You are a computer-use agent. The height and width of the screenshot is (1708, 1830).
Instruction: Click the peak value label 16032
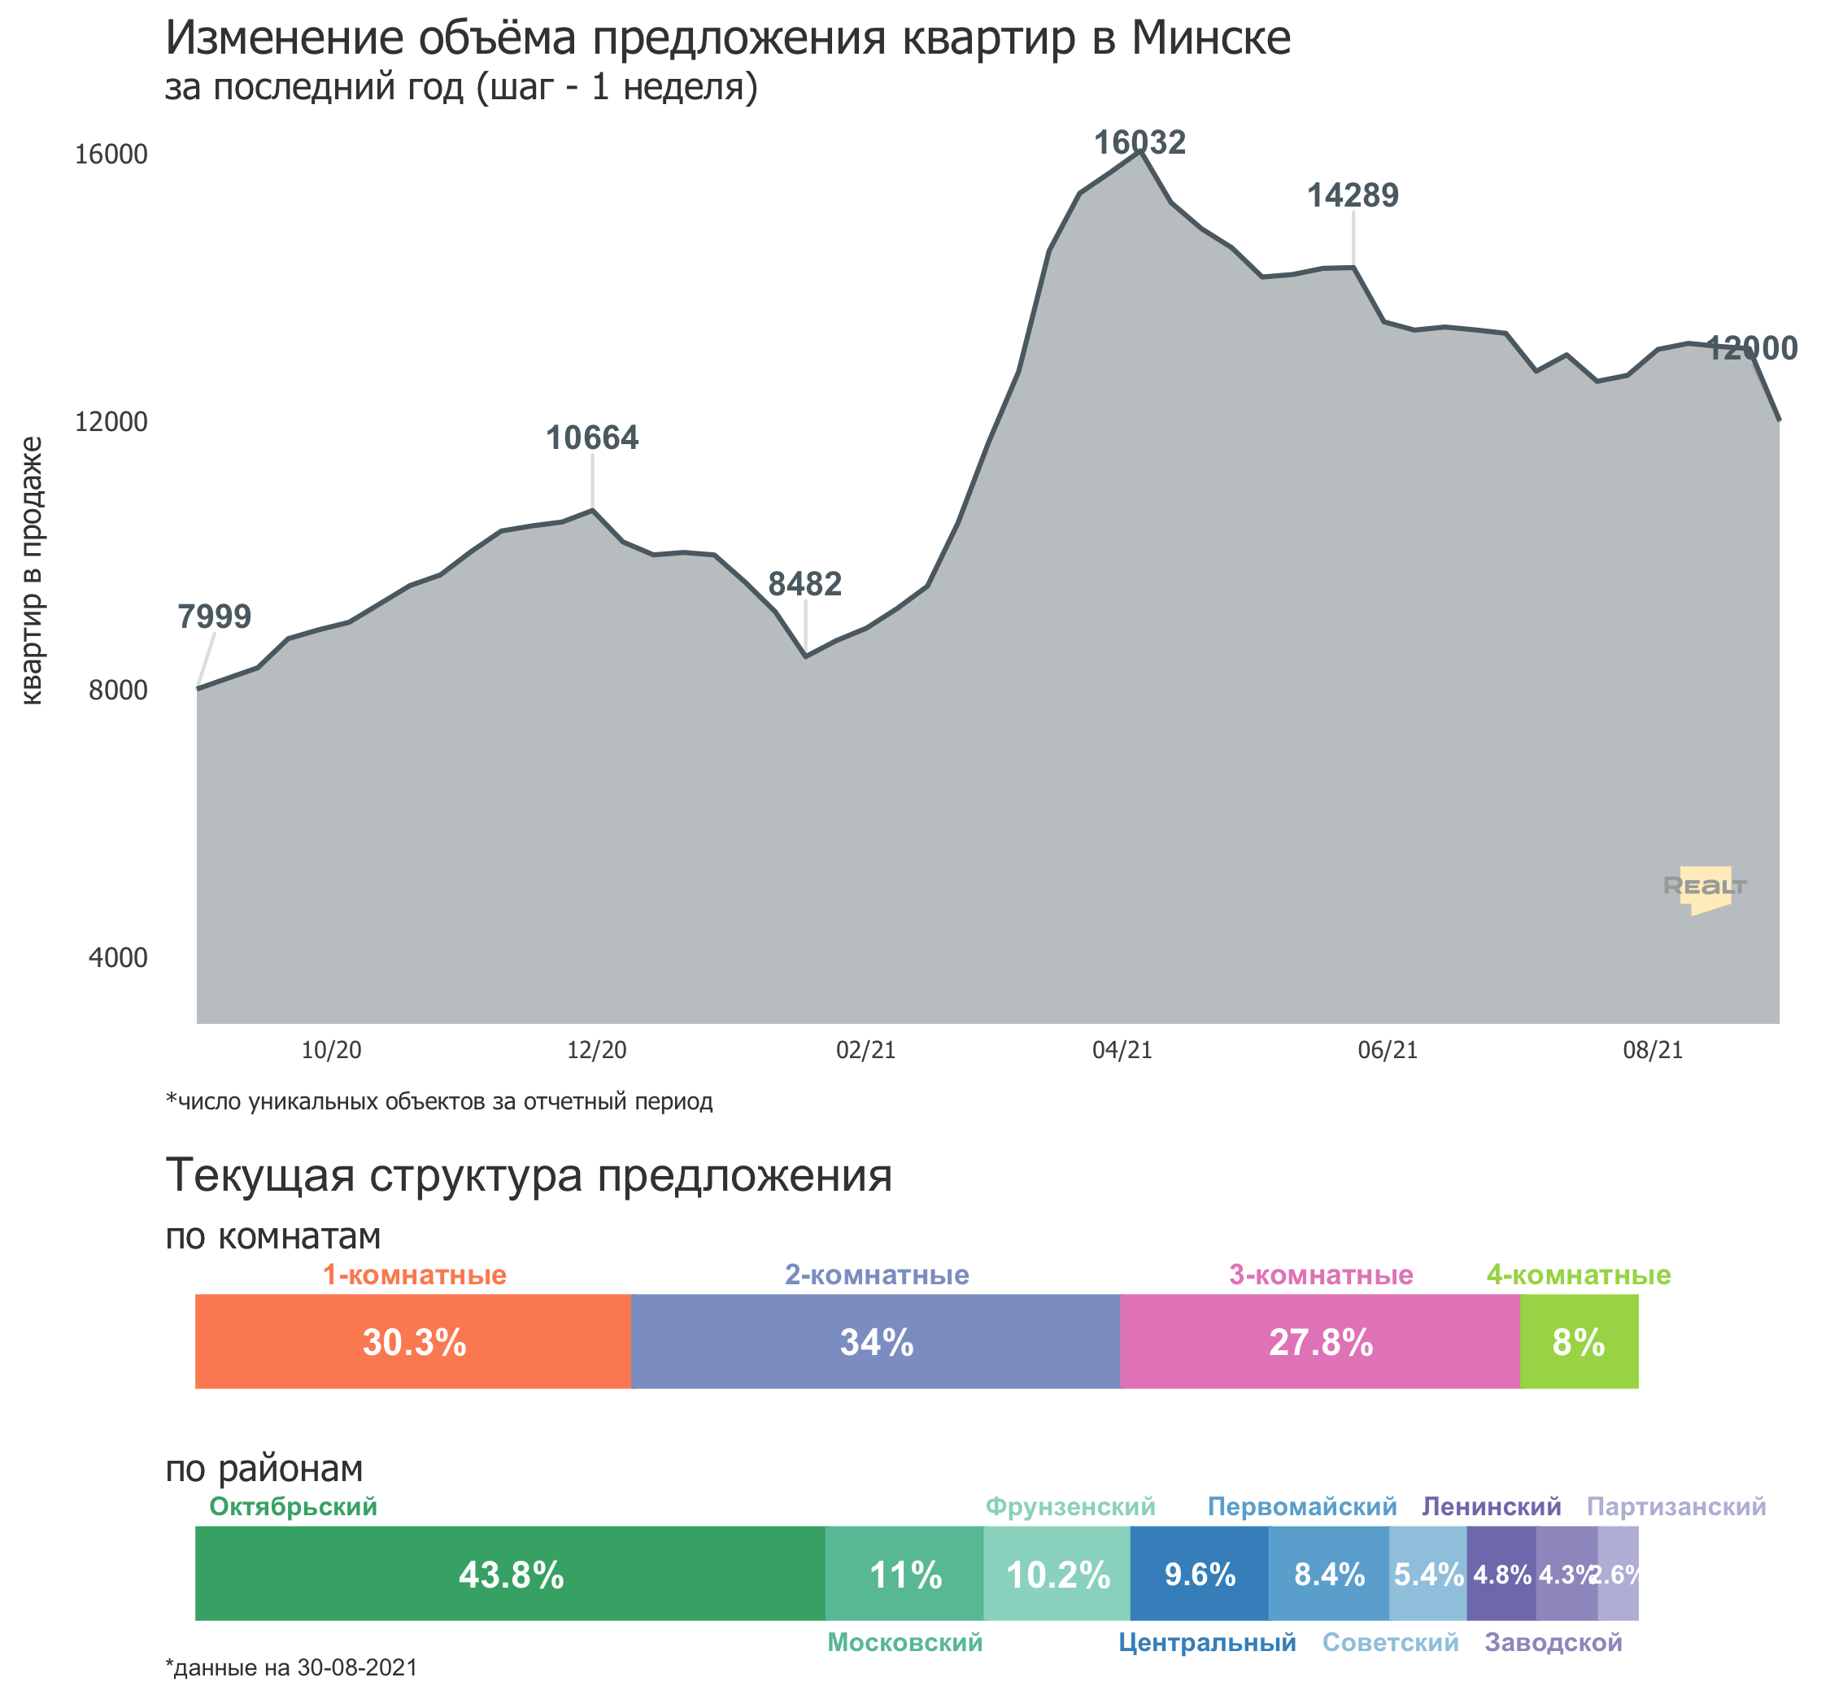click(x=1139, y=142)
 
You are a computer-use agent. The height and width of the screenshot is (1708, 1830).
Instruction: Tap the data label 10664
click(x=592, y=438)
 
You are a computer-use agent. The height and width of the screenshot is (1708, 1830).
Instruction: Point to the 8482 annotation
click(x=804, y=584)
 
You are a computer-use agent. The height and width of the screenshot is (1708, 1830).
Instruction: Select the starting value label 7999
click(x=214, y=616)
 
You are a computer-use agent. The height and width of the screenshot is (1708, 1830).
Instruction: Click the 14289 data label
click(x=1353, y=195)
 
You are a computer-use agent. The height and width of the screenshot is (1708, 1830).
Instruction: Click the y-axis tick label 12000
click(x=111, y=421)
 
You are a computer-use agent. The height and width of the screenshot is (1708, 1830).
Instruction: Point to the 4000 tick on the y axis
click(x=118, y=957)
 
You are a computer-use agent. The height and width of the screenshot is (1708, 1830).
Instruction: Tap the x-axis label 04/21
click(x=1122, y=1050)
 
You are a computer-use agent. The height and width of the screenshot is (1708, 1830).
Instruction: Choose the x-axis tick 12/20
click(x=596, y=1050)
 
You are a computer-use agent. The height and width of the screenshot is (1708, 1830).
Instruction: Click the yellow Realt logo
click(x=1705, y=888)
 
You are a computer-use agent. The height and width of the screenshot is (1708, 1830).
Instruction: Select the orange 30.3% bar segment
click(x=413, y=1341)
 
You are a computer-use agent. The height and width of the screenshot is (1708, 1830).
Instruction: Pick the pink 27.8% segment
click(x=1320, y=1341)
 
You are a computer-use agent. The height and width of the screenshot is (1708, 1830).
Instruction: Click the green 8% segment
click(x=1579, y=1341)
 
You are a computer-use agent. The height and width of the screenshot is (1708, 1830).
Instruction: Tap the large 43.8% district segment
click(x=511, y=1574)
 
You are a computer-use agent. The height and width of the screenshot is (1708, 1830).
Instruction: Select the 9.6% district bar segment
click(x=1200, y=1574)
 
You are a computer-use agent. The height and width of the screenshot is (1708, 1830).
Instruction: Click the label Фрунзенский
click(x=1070, y=1506)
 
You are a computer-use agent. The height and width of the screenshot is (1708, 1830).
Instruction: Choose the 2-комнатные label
click(x=876, y=1275)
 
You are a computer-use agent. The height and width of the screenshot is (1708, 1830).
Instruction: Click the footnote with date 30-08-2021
click(x=291, y=1667)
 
